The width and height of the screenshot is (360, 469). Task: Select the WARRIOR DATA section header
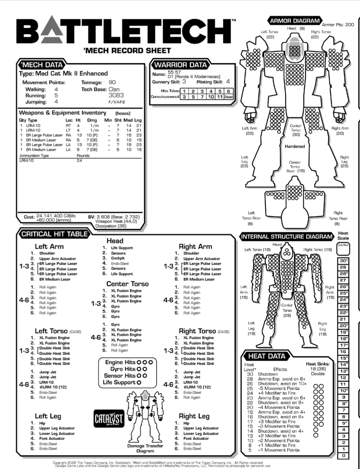180,64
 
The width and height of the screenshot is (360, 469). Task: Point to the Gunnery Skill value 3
184,82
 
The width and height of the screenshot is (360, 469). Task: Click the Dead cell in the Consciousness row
228,97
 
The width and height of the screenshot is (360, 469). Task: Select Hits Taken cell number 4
210,91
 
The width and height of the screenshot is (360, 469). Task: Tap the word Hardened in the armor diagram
295,146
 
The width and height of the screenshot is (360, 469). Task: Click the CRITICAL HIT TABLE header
53,234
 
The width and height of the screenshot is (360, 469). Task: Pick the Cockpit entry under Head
118,258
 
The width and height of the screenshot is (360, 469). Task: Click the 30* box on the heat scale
344,261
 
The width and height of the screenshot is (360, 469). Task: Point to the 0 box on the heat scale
344,455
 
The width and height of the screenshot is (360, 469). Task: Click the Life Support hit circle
139,382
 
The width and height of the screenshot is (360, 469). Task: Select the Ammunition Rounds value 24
80,160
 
